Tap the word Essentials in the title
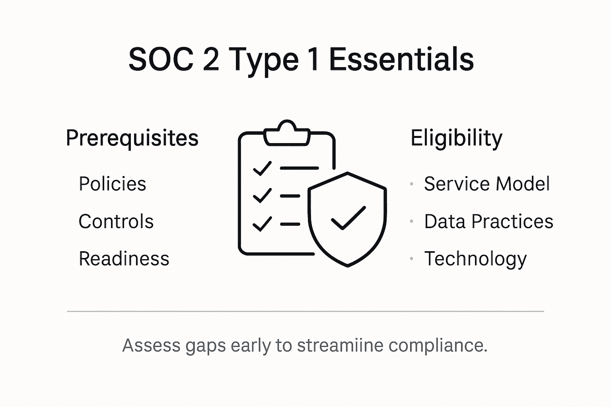(x=401, y=59)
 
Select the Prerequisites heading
(x=132, y=138)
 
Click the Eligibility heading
(x=456, y=138)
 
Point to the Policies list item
(x=113, y=184)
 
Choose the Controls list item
(x=116, y=221)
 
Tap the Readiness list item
(x=124, y=259)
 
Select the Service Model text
(x=487, y=184)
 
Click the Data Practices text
(x=488, y=221)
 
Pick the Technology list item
(x=475, y=259)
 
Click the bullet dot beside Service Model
(x=412, y=184)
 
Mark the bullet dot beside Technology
(x=412, y=259)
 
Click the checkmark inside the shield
(x=348, y=218)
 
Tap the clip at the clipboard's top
(x=287, y=132)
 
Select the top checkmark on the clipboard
(x=262, y=168)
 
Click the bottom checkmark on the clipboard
(x=262, y=224)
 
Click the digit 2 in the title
(x=210, y=59)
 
